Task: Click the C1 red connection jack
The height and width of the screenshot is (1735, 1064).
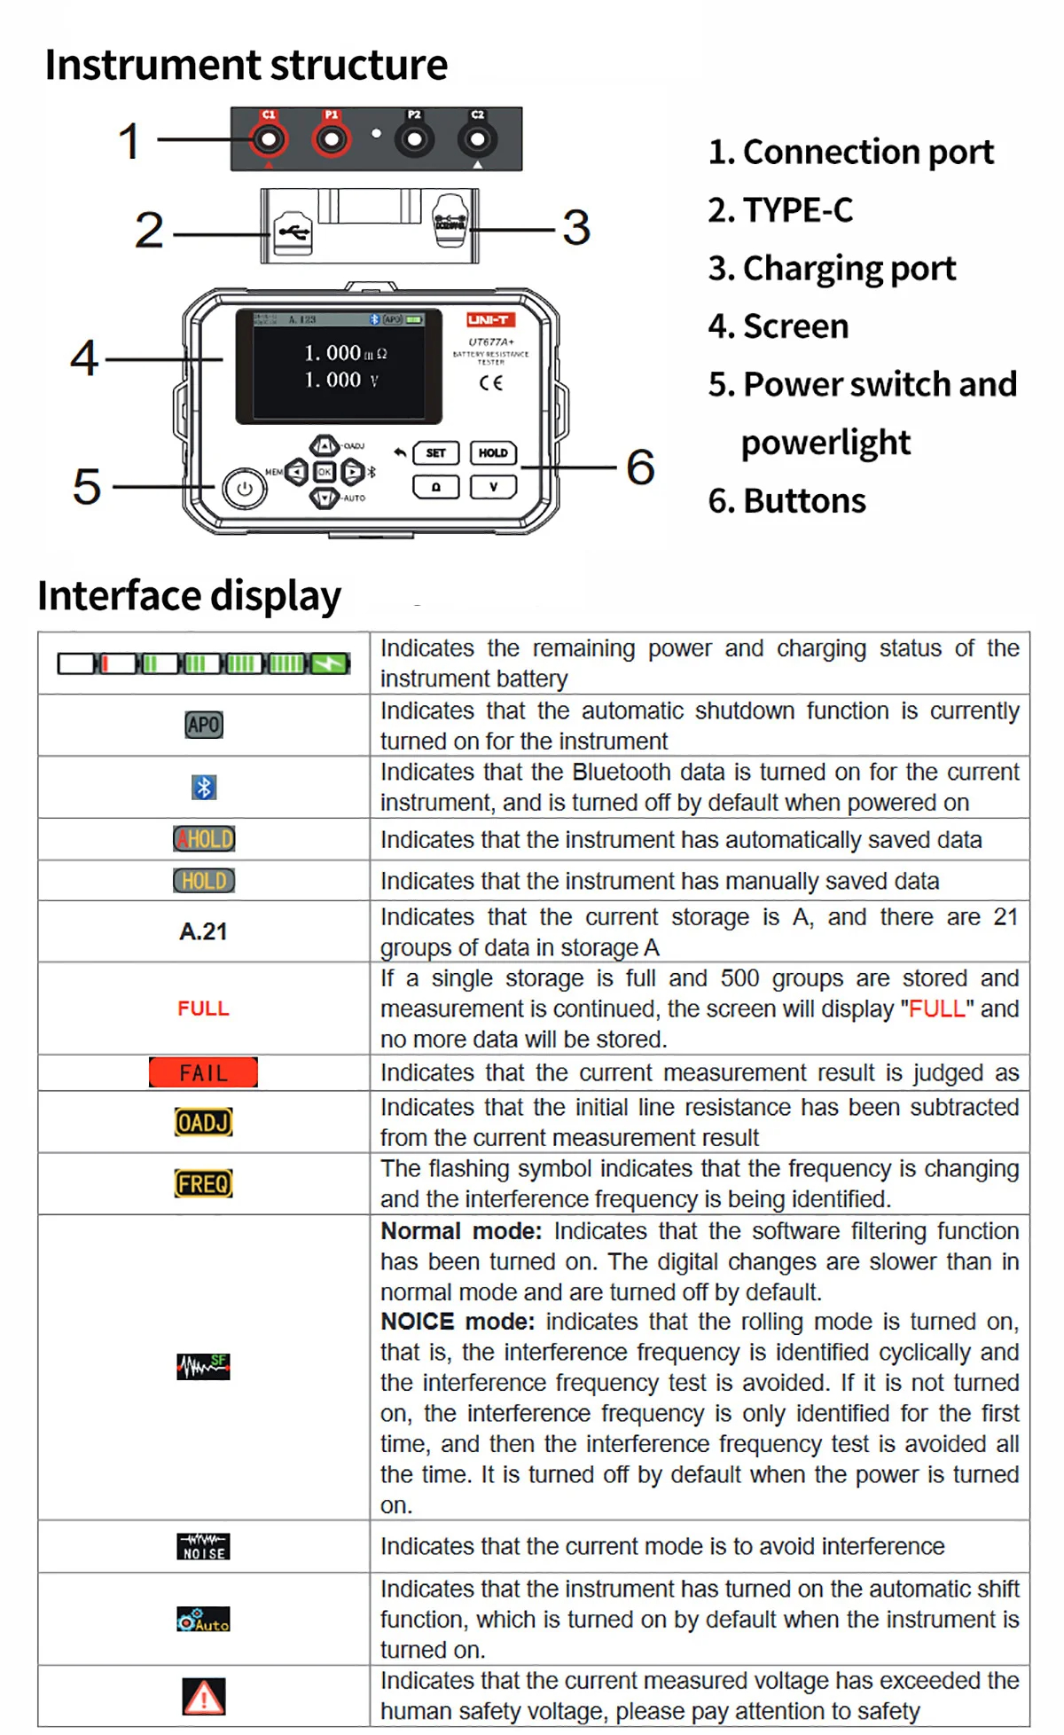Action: pyautogui.click(x=268, y=139)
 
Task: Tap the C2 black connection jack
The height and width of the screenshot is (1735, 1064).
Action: pyautogui.click(x=477, y=139)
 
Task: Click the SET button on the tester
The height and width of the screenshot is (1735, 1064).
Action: pyautogui.click(x=435, y=453)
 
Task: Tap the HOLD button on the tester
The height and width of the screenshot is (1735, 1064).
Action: pyautogui.click(x=493, y=453)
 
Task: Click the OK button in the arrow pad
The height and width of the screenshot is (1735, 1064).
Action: pyautogui.click(x=325, y=472)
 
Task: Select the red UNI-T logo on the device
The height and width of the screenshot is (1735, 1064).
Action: pyautogui.click(x=489, y=320)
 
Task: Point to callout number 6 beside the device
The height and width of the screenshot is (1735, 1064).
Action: pyautogui.click(x=640, y=467)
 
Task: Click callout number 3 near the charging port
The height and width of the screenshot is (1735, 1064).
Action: pyautogui.click(x=576, y=228)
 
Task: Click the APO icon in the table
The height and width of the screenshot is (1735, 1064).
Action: pyautogui.click(x=203, y=725)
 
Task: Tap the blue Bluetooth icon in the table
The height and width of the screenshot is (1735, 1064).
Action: pyautogui.click(x=204, y=787)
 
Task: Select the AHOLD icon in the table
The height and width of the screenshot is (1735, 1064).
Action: pyautogui.click(x=204, y=838)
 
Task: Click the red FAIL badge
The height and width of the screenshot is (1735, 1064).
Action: pyautogui.click(x=203, y=1072)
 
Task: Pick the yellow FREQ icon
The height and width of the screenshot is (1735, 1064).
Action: pyautogui.click(x=203, y=1183)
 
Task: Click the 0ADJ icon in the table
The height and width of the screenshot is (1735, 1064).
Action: pyautogui.click(x=203, y=1122)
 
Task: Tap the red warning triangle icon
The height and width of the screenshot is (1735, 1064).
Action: pyautogui.click(x=203, y=1696)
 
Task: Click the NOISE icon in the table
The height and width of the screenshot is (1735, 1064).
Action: pyautogui.click(x=203, y=1547)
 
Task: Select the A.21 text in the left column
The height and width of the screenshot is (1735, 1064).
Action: pyautogui.click(x=203, y=931)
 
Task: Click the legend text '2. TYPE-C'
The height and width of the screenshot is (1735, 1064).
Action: pyautogui.click(x=780, y=210)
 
